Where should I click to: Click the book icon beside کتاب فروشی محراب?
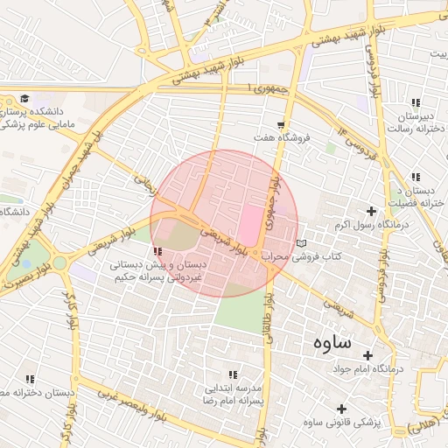[x=302, y=243]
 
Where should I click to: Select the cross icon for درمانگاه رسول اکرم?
[x=372, y=211]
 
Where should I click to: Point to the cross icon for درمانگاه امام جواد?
[x=367, y=356]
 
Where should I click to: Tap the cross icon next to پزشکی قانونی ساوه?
[x=341, y=409]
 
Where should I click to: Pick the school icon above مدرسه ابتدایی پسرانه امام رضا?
[x=233, y=374]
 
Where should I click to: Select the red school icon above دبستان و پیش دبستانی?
[x=157, y=251]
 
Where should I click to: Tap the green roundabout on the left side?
[x=59, y=262]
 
